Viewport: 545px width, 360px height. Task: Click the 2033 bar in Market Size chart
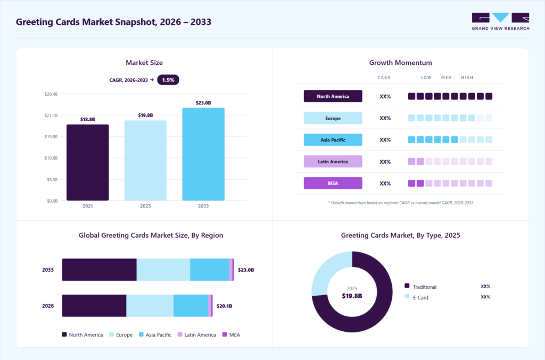(203, 154)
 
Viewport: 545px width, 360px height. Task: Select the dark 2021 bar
(88, 163)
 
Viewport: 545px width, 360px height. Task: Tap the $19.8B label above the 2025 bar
(145, 115)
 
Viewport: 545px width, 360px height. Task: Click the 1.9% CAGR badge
(168, 80)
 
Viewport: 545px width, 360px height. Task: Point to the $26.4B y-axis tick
(51, 94)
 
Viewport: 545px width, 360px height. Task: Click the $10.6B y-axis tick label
(51, 158)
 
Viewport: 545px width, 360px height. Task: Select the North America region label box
(333, 96)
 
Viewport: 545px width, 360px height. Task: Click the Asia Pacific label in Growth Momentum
(333, 140)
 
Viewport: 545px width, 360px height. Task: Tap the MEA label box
(333, 183)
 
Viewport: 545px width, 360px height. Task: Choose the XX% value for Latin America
(385, 162)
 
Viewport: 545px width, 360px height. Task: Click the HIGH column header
(467, 78)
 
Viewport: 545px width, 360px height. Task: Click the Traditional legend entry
(420, 287)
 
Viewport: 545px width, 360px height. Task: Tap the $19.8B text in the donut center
(352, 296)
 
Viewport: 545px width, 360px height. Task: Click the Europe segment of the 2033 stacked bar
(163, 270)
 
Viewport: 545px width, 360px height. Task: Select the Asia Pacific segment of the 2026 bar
(191, 306)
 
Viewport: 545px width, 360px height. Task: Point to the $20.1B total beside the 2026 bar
(224, 306)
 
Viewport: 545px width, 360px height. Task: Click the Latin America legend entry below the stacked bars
(197, 334)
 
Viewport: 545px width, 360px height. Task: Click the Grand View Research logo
(500, 21)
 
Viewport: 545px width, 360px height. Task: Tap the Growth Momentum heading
(400, 63)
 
